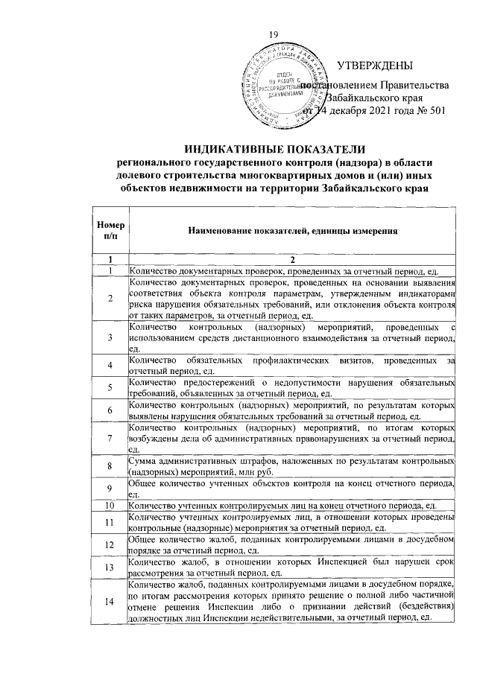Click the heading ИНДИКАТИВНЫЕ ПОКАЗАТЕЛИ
(x=275, y=150)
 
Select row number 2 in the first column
(x=109, y=299)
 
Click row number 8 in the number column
(x=109, y=466)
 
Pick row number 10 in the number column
(x=109, y=506)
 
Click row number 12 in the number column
(x=109, y=545)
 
